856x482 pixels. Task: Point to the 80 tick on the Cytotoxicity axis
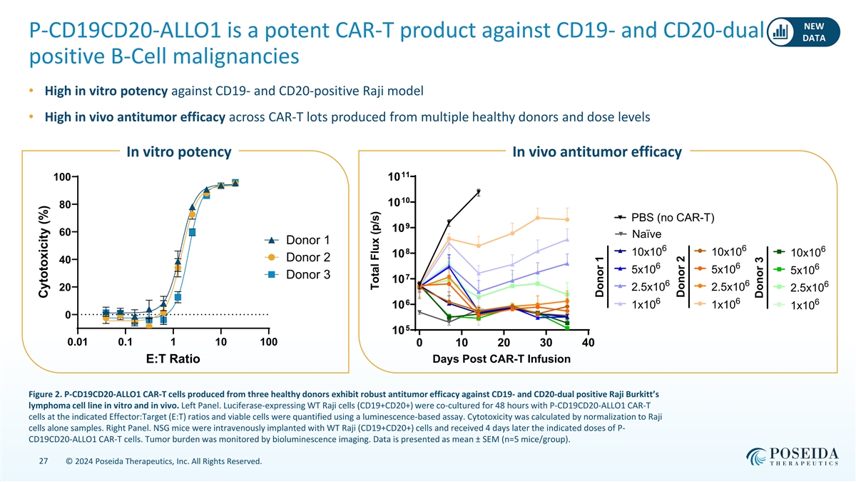click(64, 205)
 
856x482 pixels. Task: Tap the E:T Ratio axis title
click(173, 359)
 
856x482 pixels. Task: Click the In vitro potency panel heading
click(178, 152)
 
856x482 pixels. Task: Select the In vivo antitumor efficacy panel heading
click(596, 152)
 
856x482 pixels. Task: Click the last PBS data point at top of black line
click(479, 191)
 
